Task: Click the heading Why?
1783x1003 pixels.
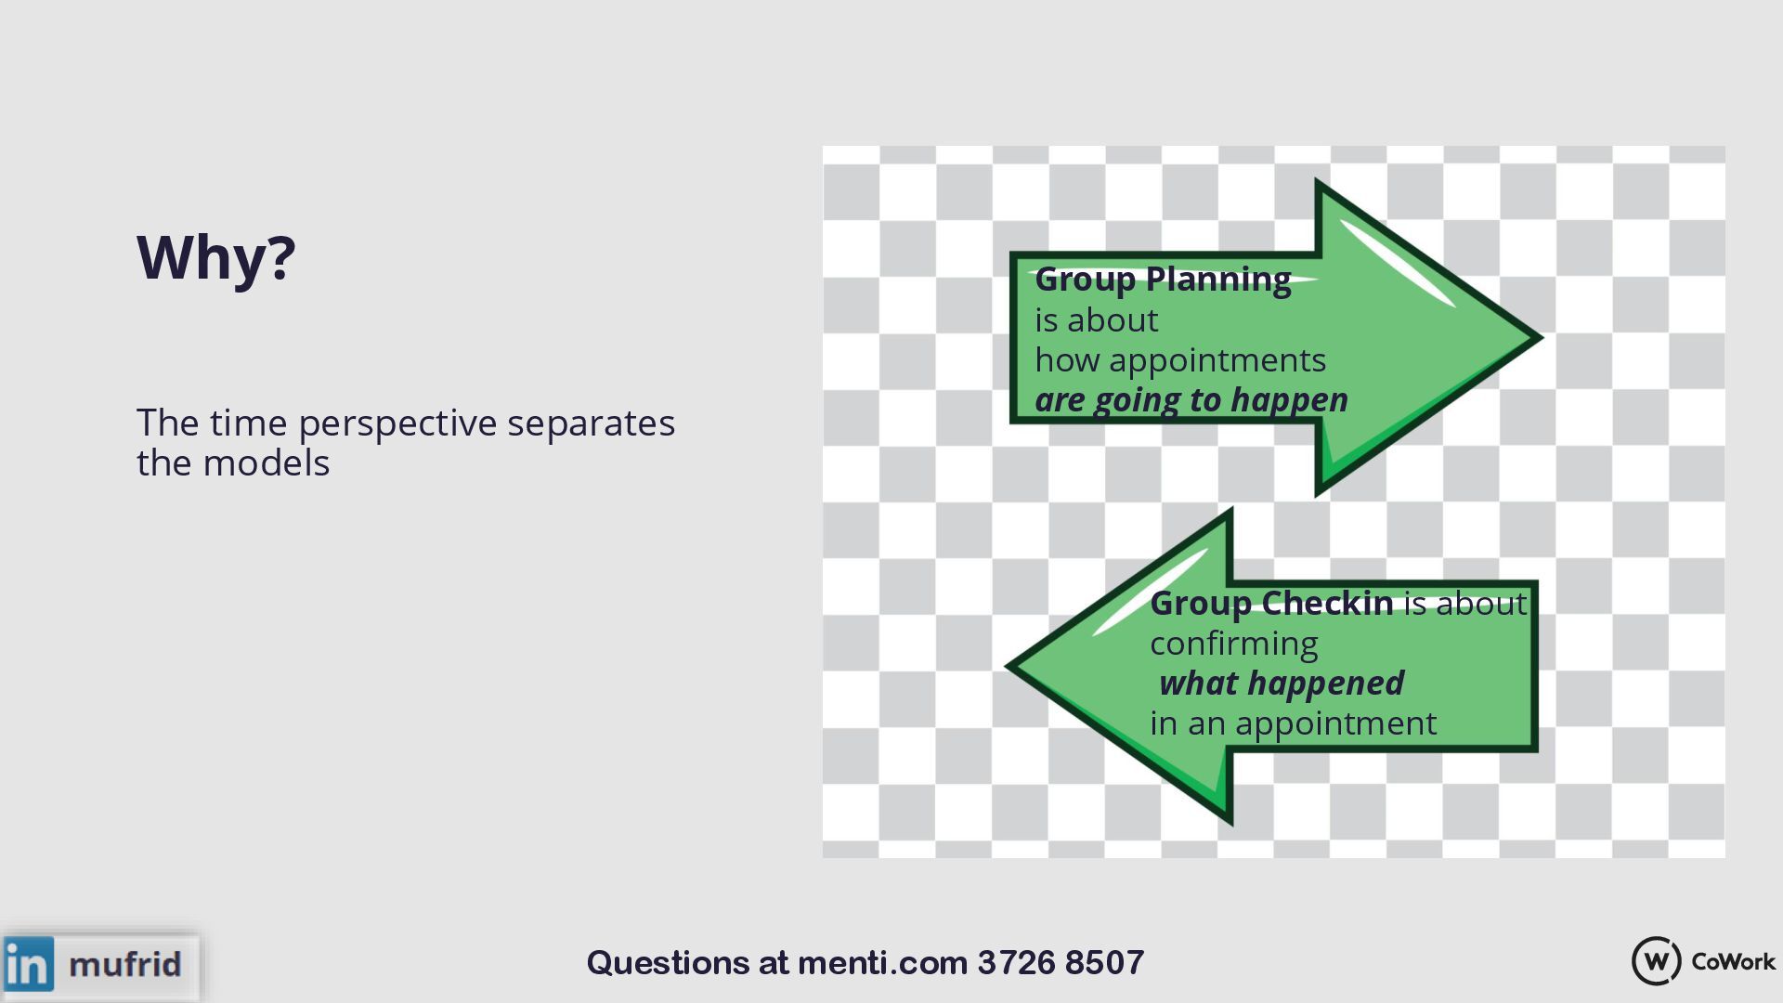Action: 215,257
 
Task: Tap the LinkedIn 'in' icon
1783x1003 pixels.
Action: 29,964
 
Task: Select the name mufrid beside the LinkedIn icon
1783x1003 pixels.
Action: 125,964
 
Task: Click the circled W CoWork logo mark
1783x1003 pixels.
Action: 1656,961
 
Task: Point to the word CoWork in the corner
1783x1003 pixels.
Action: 1733,961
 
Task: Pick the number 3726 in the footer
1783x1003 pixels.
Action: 1016,963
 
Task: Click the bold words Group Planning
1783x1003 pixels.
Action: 1163,279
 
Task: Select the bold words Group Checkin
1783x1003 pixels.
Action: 1271,604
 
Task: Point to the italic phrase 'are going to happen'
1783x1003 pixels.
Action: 1191,400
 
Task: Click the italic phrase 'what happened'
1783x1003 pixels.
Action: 1282,684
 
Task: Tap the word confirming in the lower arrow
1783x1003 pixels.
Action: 1234,644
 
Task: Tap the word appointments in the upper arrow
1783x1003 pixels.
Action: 1217,360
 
